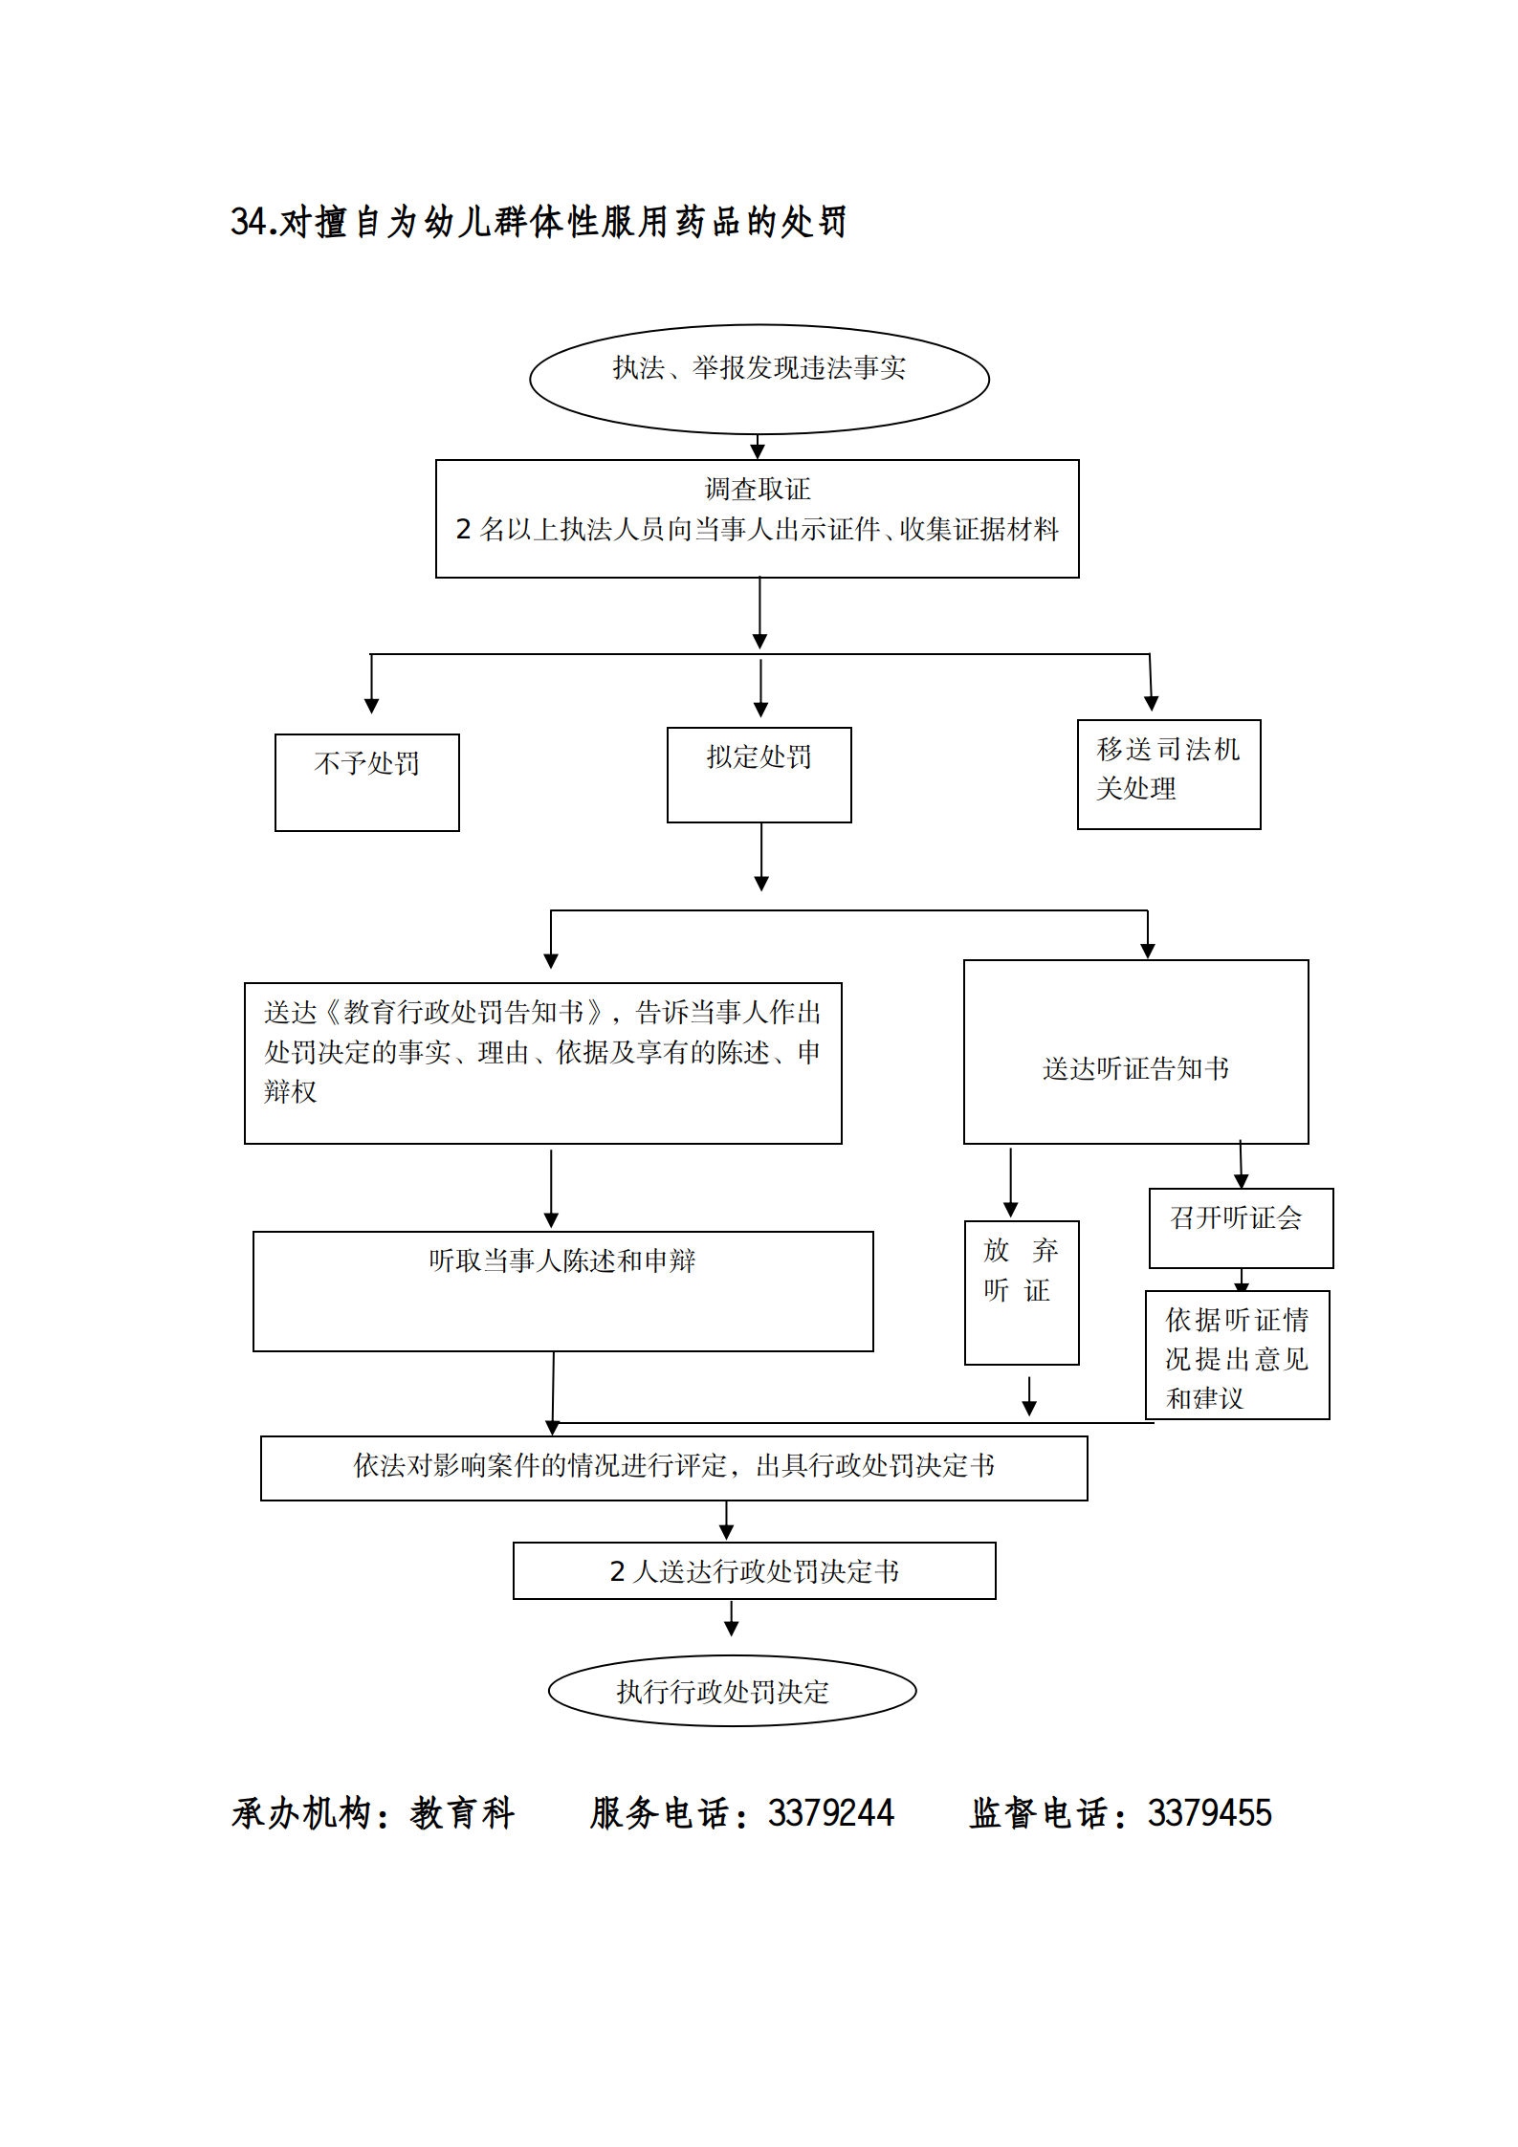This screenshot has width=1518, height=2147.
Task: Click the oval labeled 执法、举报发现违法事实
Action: click(x=759, y=379)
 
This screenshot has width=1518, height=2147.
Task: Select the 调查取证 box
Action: click(x=757, y=518)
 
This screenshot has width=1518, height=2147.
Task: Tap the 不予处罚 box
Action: click(x=366, y=781)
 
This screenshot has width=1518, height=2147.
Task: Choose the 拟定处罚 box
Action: click(x=759, y=775)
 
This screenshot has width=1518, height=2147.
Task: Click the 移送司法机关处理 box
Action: click(x=1168, y=774)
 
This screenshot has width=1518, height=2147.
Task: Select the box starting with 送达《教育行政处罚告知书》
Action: click(x=542, y=1063)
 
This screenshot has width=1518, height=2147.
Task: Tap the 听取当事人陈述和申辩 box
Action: click(x=562, y=1290)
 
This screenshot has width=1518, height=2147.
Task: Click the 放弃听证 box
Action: click(x=1021, y=1291)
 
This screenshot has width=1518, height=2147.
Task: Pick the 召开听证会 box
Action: click(x=1240, y=1227)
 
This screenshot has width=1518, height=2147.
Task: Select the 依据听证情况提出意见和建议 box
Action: click(x=1237, y=1354)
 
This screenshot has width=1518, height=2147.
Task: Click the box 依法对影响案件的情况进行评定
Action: click(x=673, y=1467)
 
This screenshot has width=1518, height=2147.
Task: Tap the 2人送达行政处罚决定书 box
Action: click(x=754, y=1570)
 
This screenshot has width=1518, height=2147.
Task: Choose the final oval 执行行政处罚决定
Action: click(x=732, y=1691)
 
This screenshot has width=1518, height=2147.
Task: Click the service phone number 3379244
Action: click(x=830, y=1813)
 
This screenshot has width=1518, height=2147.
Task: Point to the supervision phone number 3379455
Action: click(x=1209, y=1813)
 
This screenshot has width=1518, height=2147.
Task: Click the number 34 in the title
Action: click(x=247, y=222)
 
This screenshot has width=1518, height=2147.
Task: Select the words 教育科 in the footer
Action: click(x=463, y=1813)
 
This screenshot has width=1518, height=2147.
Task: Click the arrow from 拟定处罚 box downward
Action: click(x=761, y=856)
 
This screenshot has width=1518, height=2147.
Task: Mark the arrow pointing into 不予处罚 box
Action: click(x=372, y=684)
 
